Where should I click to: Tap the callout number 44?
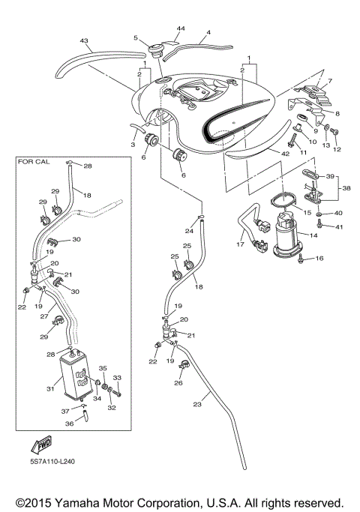click(x=181, y=28)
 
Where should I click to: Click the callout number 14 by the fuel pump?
click(x=313, y=235)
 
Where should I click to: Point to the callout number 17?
click(x=241, y=244)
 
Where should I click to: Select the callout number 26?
click(x=178, y=382)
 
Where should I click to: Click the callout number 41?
click(x=339, y=226)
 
